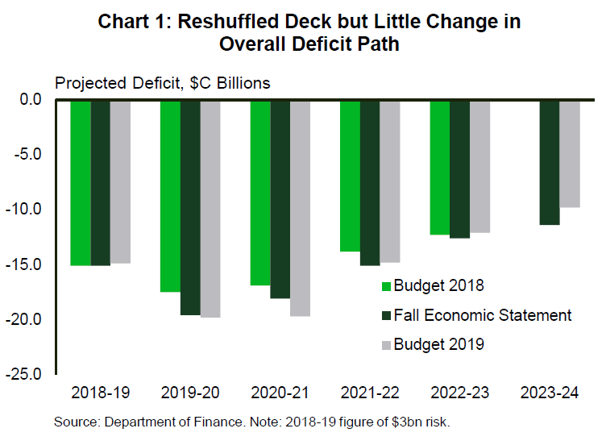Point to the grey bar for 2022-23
(479, 167)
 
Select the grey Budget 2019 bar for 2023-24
(570, 153)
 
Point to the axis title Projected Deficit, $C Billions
(162, 82)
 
